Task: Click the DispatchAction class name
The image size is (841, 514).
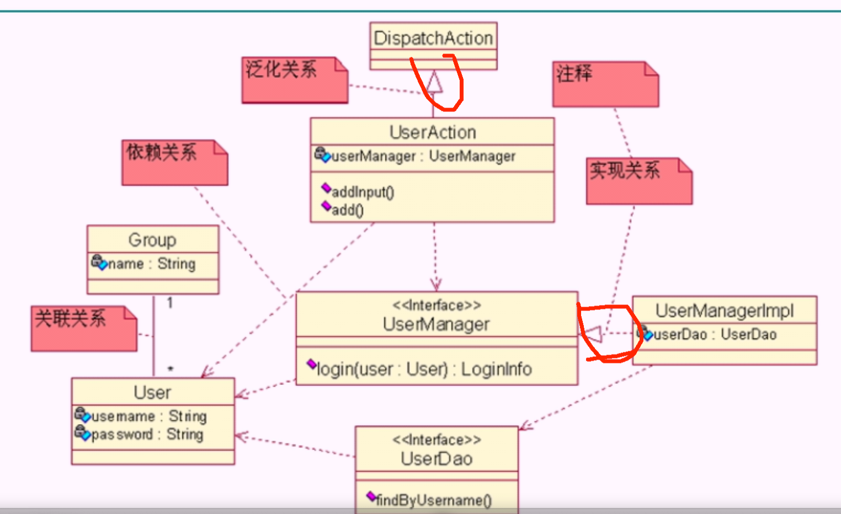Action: coord(433,38)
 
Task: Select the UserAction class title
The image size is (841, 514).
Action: coord(433,132)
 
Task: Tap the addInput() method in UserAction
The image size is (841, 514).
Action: coord(363,192)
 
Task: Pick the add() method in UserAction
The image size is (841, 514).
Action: coord(347,210)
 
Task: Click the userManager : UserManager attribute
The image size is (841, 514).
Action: coord(423,157)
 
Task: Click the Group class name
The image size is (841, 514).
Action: coord(152,240)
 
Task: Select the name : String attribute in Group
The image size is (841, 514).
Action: coord(151,264)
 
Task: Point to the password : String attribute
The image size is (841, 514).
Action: coord(147,435)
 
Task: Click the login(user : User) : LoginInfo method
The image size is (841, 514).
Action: coord(424,369)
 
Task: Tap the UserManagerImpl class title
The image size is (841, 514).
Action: coord(724,311)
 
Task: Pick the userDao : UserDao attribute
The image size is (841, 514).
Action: coord(715,335)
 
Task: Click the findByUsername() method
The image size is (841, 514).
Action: coord(433,500)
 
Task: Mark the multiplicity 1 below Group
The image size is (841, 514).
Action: coord(170,303)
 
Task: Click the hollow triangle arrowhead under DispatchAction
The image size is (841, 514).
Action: coord(434,82)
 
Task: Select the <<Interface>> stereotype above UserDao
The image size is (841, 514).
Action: coord(437,440)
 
